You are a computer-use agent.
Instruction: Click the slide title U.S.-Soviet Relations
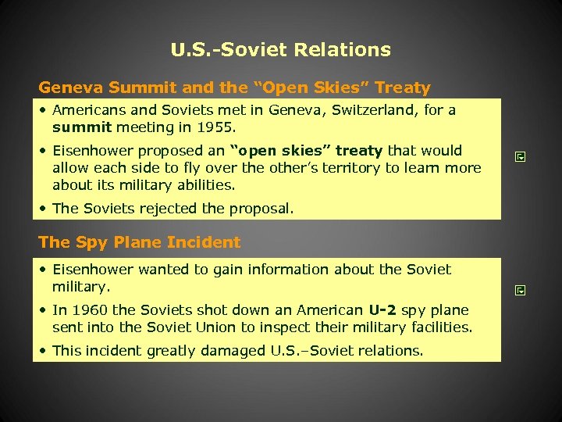pyautogui.click(x=281, y=51)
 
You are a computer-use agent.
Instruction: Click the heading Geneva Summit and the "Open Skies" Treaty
pyautogui.click(x=234, y=88)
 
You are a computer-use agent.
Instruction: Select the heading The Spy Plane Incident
pyautogui.click(x=140, y=242)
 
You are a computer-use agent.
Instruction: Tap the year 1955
pyautogui.click(x=217, y=127)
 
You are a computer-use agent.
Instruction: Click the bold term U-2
pyautogui.click(x=383, y=310)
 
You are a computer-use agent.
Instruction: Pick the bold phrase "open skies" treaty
pyautogui.click(x=304, y=151)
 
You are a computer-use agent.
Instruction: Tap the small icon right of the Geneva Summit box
pyautogui.click(x=520, y=157)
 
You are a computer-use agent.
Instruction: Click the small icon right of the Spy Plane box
pyautogui.click(x=520, y=291)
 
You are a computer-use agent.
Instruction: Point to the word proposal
pyautogui.click(x=264, y=209)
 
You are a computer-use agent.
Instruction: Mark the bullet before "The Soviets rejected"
pyautogui.click(x=44, y=209)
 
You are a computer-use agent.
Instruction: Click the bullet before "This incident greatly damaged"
pyautogui.click(x=44, y=351)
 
